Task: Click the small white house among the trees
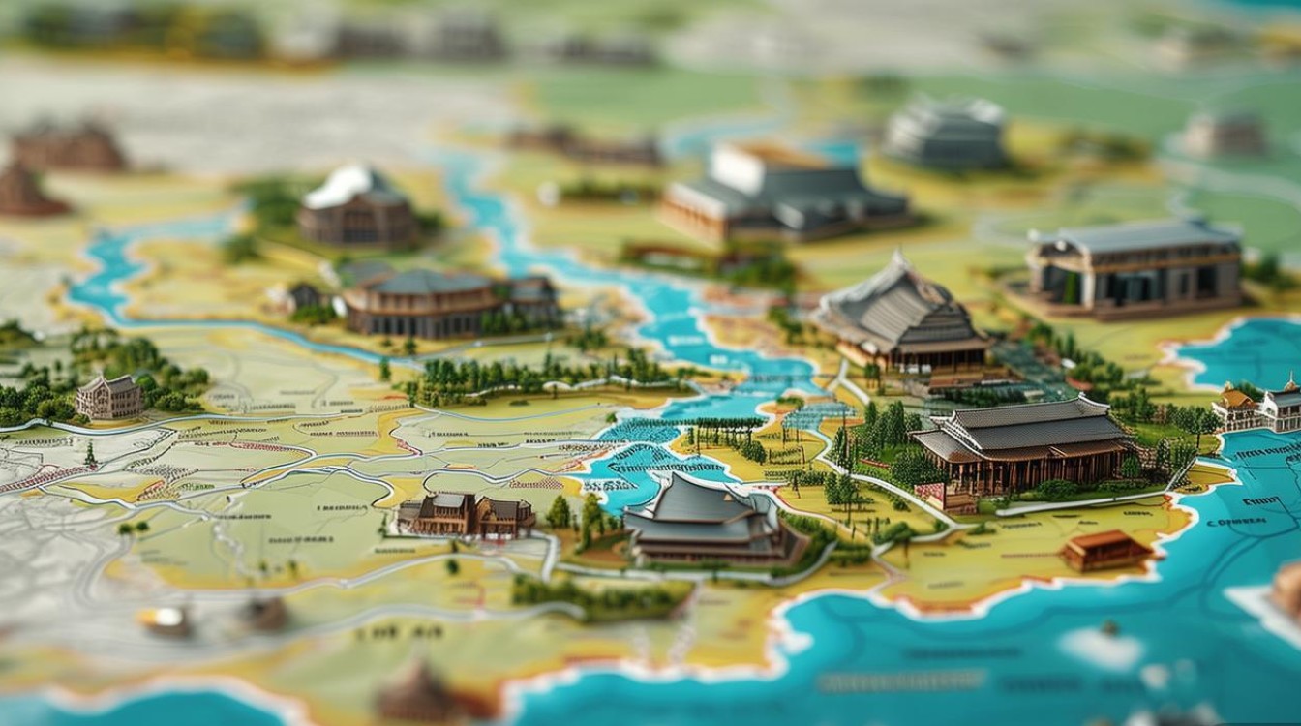[x=109, y=396]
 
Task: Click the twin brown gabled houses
[x=467, y=514]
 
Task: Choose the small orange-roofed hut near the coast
[x=1106, y=550]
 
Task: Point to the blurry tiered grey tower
[x=945, y=132]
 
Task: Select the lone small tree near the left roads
[x=90, y=453]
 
